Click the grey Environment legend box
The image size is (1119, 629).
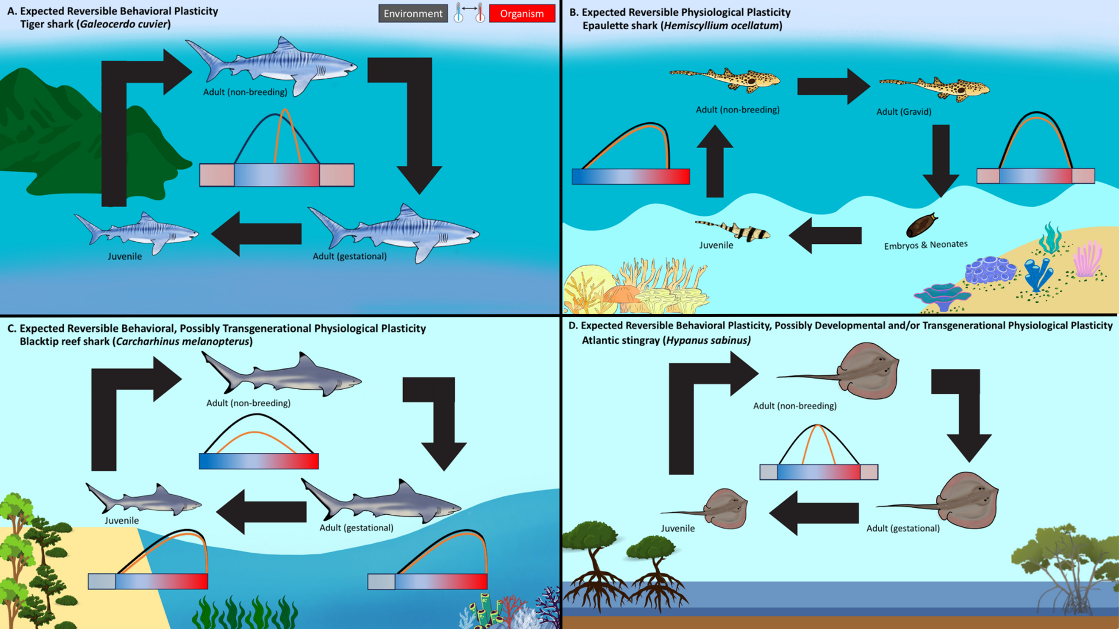413,14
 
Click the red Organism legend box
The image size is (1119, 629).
521,14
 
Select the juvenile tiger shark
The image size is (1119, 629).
138,232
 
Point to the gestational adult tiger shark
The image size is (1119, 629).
396,232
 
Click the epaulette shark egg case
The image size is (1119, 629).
921,224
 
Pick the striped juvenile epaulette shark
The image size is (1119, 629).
735,230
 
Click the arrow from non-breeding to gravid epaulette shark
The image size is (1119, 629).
833,86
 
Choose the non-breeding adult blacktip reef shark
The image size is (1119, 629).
281,374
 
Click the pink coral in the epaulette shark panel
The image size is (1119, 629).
1087,259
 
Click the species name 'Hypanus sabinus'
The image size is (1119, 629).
707,340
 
